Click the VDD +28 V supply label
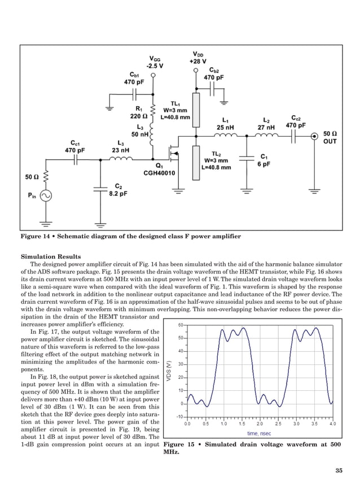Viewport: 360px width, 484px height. [197, 57]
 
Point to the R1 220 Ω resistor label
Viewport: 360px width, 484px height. [139, 112]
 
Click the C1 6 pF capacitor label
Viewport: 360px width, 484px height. [264, 160]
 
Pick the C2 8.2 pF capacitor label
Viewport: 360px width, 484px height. [117, 189]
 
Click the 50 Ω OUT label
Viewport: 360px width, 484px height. [330, 137]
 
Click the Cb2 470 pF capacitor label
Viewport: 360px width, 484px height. [213, 74]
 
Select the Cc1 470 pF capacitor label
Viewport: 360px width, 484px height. [74, 147]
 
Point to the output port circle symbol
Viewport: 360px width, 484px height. [313, 136]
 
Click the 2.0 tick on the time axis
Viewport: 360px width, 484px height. [260, 423]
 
